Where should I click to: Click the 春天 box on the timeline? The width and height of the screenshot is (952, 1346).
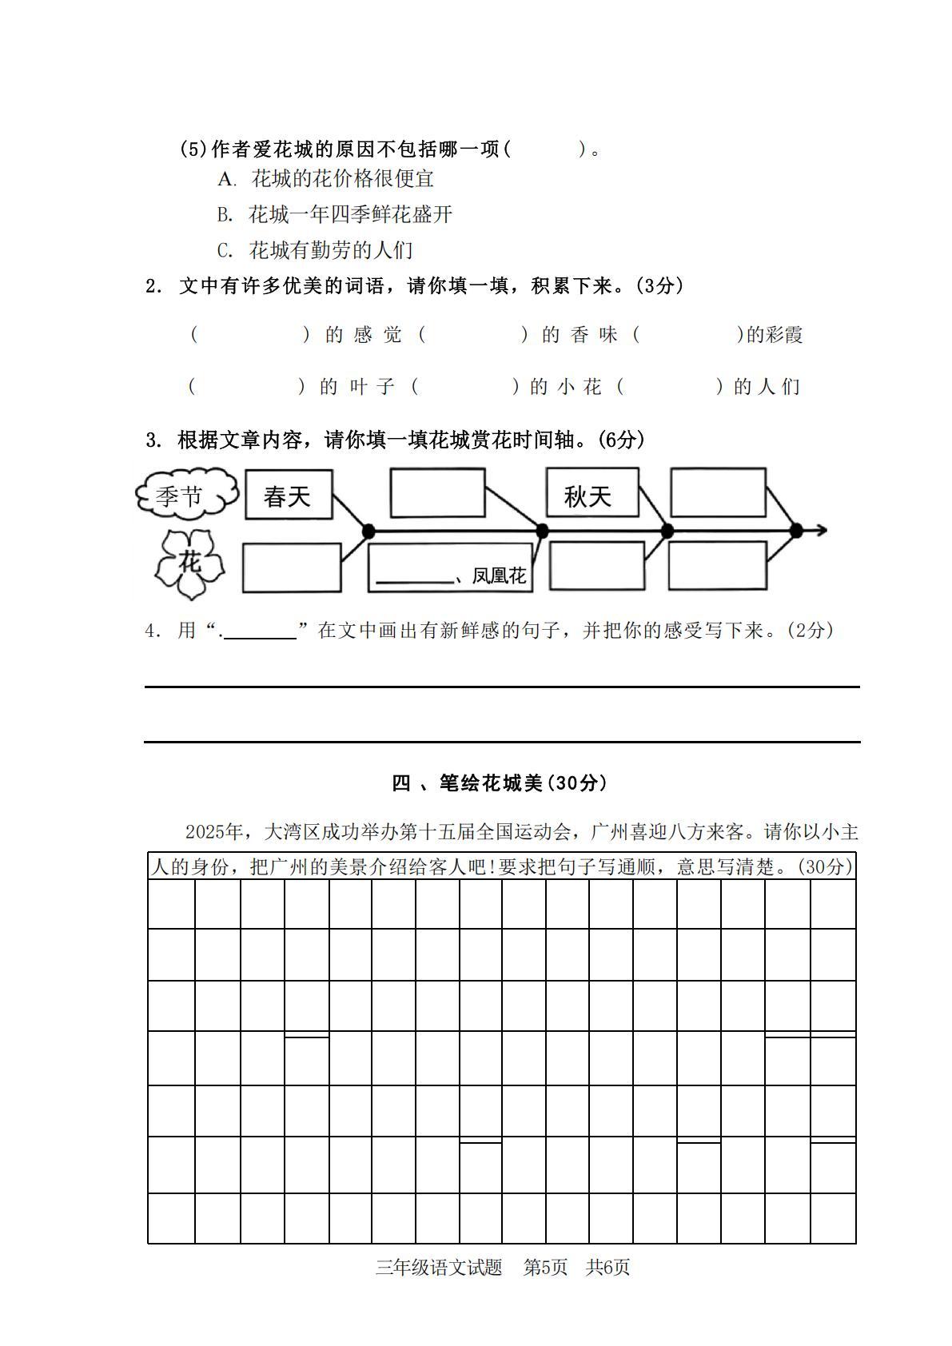pos(288,495)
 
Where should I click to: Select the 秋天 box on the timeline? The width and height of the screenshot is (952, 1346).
pos(592,493)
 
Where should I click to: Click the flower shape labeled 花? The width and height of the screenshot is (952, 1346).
pos(190,563)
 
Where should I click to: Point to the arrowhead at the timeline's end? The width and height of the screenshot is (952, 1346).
pos(820,530)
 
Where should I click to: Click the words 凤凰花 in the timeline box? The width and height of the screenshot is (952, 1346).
pos(500,575)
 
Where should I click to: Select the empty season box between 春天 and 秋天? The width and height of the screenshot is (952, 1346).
pos(437,492)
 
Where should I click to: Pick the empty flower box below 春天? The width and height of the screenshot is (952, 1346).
pos(291,567)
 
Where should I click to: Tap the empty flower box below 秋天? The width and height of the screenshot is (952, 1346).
pos(597,566)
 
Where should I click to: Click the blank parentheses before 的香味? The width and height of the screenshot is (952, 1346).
pos(473,335)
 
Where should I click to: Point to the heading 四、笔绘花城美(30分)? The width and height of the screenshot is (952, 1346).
pos(499,783)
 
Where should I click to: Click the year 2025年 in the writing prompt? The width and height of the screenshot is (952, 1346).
pos(213,832)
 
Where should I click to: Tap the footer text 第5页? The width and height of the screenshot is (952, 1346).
pos(545,1267)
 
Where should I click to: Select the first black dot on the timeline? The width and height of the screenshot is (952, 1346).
pos(368,530)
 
